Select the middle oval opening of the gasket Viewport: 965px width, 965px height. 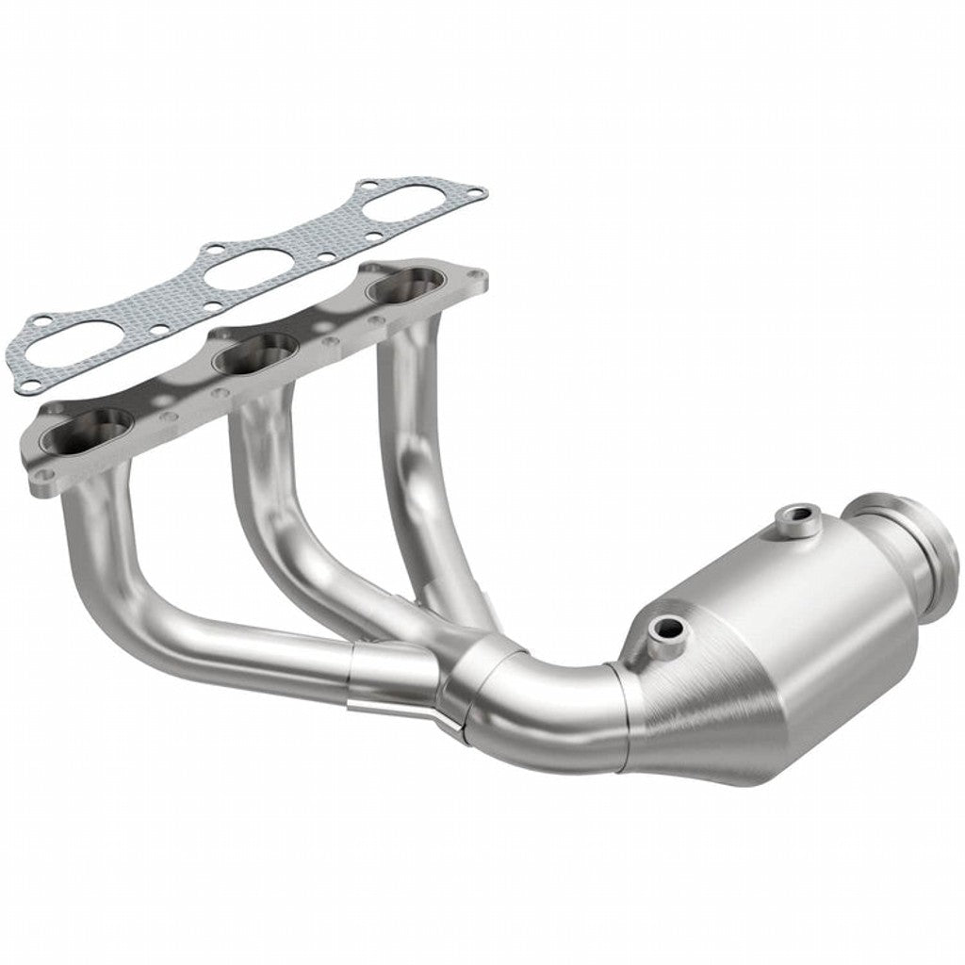[x=247, y=267]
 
